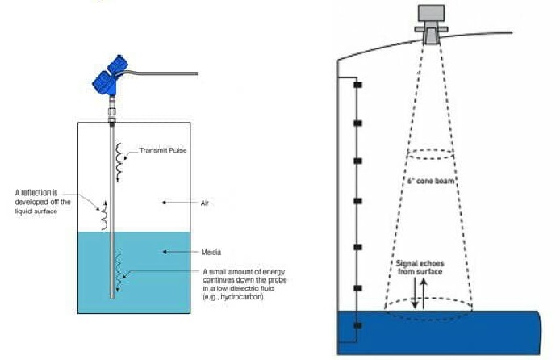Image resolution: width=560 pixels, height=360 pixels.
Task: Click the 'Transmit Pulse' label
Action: click(163, 150)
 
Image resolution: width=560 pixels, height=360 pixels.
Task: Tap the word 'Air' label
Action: click(205, 203)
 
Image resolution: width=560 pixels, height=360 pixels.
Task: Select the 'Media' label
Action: click(211, 252)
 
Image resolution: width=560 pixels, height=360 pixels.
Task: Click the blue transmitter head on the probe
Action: click(110, 76)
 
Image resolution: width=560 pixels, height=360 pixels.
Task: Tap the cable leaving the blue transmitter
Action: click(161, 73)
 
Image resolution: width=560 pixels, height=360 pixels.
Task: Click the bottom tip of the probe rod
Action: click(112, 298)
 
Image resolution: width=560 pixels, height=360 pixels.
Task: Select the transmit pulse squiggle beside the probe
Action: click(119, 162)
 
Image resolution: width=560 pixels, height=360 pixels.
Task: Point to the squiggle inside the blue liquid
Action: click(119, 270)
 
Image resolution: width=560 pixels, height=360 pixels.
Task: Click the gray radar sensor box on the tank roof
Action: click(431, 13)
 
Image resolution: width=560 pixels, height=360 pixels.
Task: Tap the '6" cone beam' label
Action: click(431, 181)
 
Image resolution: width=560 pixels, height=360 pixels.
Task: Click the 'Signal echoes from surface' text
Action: click(420, 267)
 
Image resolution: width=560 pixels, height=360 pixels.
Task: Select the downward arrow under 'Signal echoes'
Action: click(414, 293)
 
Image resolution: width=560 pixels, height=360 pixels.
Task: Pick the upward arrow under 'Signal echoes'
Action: click(424, 294)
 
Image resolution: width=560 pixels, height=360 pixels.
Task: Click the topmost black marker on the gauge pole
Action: click(357, 85)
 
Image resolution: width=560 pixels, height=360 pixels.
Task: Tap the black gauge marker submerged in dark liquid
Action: click(357, 325)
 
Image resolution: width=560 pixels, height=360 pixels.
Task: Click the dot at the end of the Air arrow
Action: click(164, 203)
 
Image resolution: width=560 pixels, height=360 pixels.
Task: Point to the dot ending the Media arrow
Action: click(165, 252)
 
